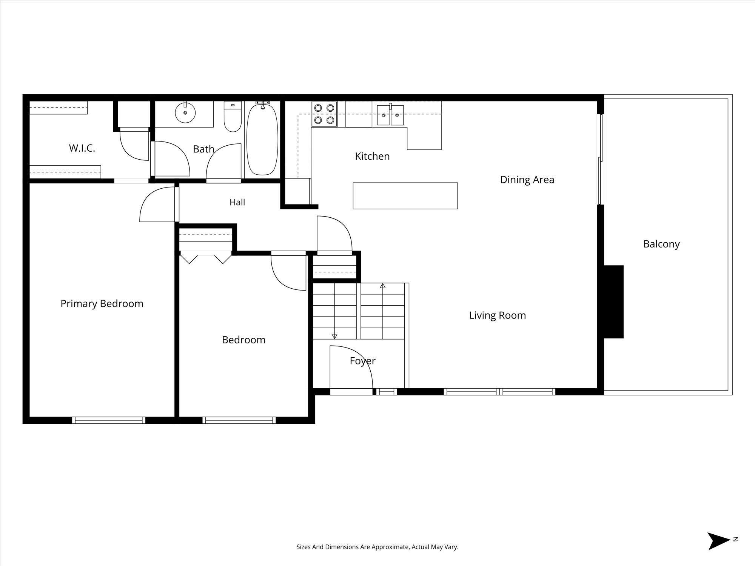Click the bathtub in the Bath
[262, 140]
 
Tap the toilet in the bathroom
[233, 117]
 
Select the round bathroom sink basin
[185, 112]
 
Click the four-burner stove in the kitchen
[324, 114]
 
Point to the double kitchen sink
[390, 115]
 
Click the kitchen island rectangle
[405, 196]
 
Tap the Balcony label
[661, 244]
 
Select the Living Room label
[498, 315]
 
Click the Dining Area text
[527, 180]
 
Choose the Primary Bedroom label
[102, 304]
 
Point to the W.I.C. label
[82, 148]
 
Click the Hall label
[237, 203]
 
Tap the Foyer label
[362, 361]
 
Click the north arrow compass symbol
[719, 551]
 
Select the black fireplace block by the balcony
[613, 302]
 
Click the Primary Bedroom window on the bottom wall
[109, 420]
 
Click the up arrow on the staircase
[383, 286]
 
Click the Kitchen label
[372, 156]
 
